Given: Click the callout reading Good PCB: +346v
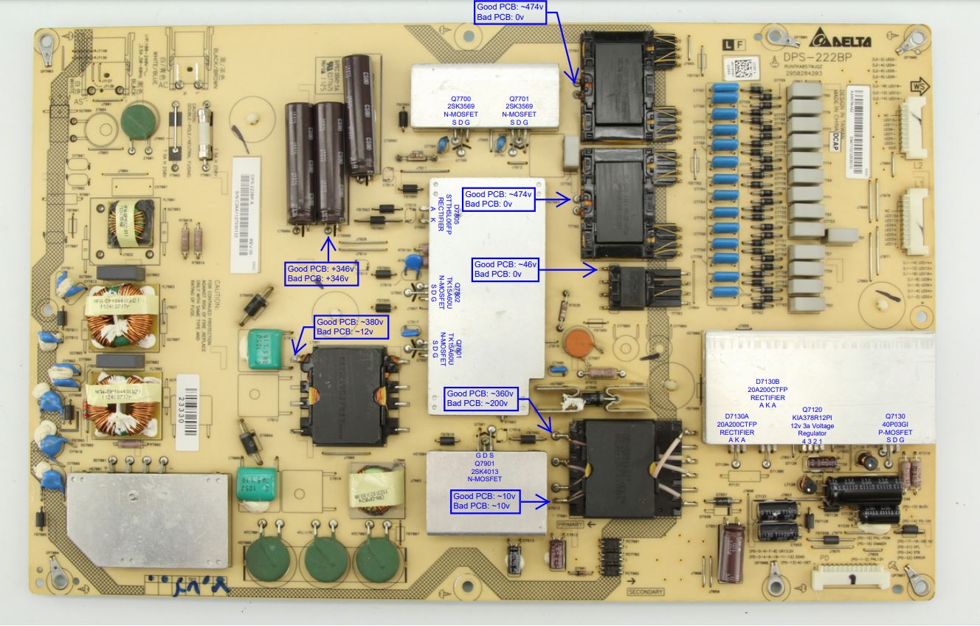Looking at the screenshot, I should pos(322,273).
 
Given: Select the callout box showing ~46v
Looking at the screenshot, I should pos(506,269).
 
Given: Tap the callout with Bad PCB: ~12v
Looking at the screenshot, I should pos(349,326).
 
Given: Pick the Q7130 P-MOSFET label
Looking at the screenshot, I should pos(894,427).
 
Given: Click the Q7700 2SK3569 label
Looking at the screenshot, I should pos(461,110).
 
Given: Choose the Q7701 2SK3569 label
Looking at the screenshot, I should pos(520,110).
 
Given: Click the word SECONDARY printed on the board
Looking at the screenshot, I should pos(646,591).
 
